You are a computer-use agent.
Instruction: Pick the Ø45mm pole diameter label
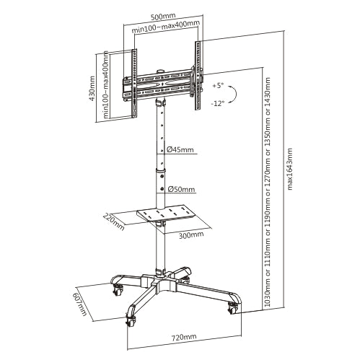[x=180, y=150]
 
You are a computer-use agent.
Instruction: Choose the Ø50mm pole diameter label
[x=180, y=189]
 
